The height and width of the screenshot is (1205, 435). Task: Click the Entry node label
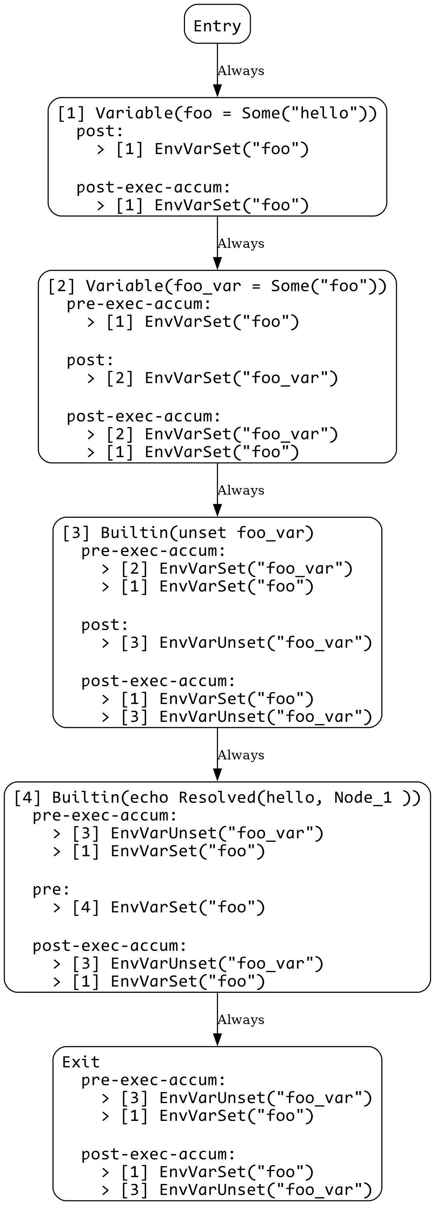217,25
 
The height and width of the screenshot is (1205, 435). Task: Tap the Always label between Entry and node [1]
241,70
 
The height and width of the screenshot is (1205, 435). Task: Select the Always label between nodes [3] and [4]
241,755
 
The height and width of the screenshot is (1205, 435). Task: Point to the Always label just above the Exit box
241,1020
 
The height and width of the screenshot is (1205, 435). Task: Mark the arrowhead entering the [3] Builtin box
217,511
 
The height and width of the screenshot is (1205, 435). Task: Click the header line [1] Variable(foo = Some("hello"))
217,113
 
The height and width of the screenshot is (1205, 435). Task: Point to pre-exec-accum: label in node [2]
139,304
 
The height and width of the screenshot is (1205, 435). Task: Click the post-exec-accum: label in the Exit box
158,1154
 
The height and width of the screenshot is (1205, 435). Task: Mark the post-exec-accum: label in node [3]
158,681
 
